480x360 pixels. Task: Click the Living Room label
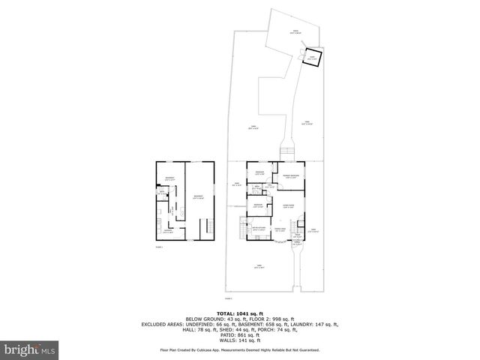pyautogui.click(x=287, y=206)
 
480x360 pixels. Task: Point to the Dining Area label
pyautogui.click(x=279, y=230)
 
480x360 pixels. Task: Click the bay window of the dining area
pyautogui.click(x=279, y=242)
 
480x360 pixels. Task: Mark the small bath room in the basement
pyautogui.click(x=160, y=192)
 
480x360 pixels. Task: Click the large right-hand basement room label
pyautogui.click(x=199, y=196)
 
